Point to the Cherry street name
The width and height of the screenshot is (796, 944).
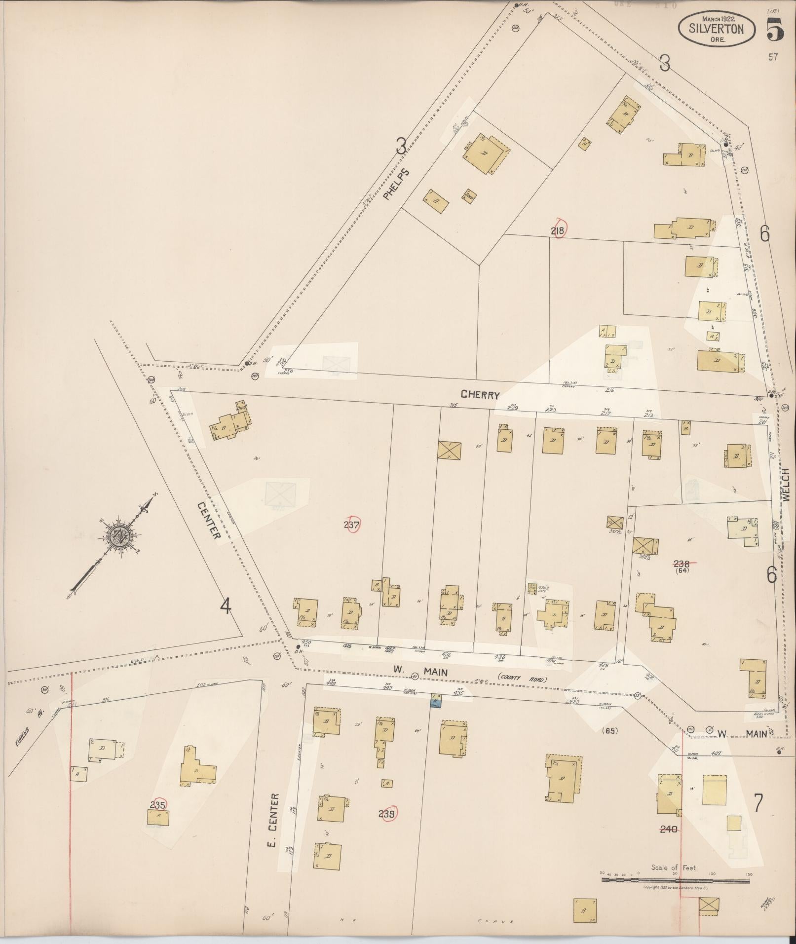pos(480,395)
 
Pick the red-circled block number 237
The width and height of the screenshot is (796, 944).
pos(352,525)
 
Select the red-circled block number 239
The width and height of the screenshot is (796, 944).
pos(387,814)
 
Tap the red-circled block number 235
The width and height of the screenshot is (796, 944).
pos(158,804)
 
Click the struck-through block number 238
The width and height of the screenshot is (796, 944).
pos(683,563)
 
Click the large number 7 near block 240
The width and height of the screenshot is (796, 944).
pos(758,803)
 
